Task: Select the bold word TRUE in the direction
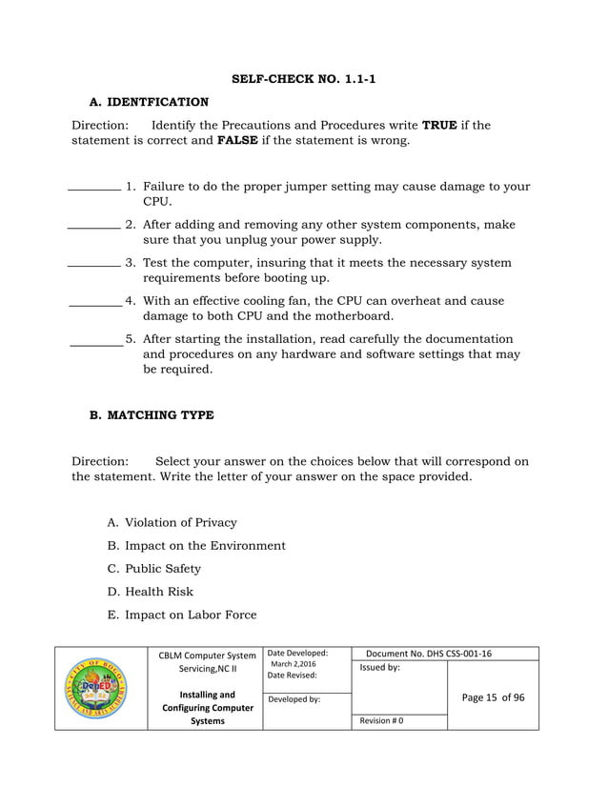(440, 125)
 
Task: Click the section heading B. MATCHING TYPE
(152, 415)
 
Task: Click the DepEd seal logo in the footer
(101, 688)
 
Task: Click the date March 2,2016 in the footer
(294, 664)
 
